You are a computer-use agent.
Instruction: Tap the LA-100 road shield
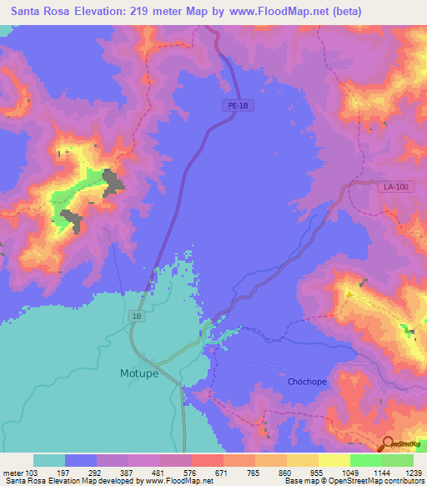[396, 187]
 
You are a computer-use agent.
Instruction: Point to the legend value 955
[318, 473]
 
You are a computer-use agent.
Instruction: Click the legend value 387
[128, 473]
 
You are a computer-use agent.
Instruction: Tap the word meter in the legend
[13, 473]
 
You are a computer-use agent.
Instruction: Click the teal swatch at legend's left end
[48, 460]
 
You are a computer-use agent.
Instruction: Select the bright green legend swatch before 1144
[365, 460]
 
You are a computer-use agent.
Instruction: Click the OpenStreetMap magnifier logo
[389, 444]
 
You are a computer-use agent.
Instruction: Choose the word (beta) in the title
[400, 11]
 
